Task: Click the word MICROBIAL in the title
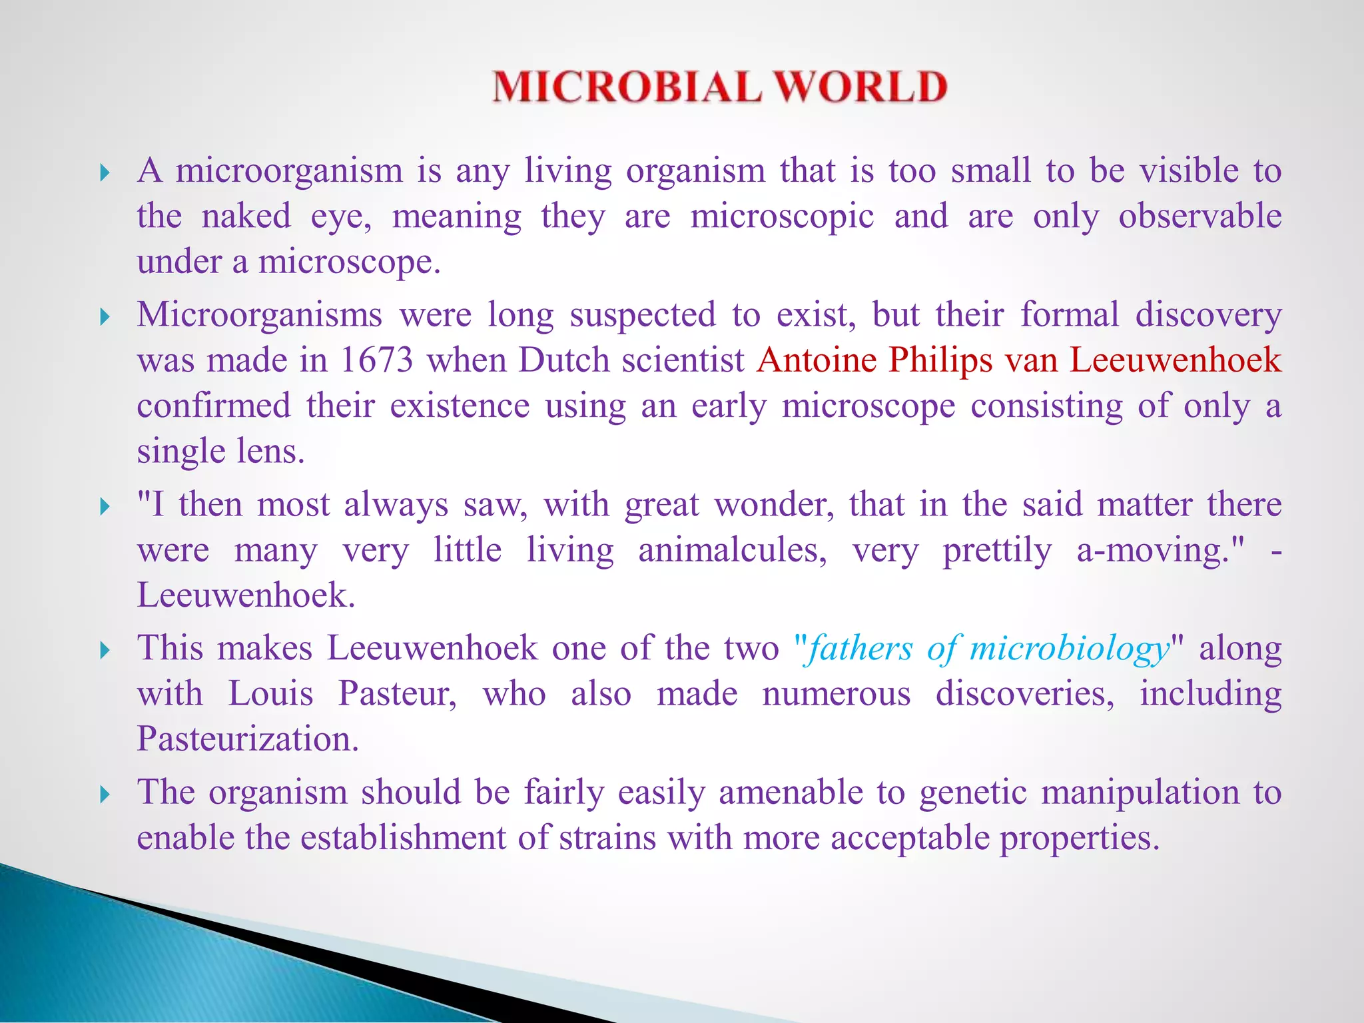626,87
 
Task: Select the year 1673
377,360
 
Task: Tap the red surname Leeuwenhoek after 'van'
1176,360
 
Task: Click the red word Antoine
817,360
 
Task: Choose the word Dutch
564,360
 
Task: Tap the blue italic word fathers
859,648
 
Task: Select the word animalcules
733,551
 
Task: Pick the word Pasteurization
248,739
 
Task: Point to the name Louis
270,693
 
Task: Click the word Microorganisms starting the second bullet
260,315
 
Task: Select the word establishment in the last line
404,837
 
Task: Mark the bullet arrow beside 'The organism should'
105,795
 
